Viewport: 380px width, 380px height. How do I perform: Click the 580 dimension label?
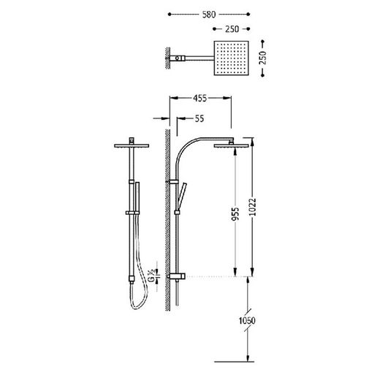(x=209, y=15)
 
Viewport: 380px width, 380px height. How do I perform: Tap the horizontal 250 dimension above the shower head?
(x=232, y=29)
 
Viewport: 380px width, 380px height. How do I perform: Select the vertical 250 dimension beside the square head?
(x=263, y=58)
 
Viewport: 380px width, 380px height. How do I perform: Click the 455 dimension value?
(x=199, y=98)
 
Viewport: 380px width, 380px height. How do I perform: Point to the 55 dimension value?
(x=199, y=118)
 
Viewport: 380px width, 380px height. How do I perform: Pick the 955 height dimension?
(x=235, y=214)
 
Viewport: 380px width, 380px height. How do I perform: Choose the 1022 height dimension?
(x=254, y=207)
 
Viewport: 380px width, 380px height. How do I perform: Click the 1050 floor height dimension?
(x=247, y=321)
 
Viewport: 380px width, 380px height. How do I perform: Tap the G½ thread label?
(x=152, y=275)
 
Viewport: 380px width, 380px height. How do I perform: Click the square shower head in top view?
(x=231, y=58)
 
